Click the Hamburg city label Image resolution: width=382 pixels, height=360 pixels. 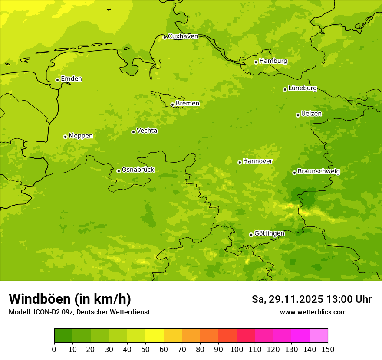click(273, 61)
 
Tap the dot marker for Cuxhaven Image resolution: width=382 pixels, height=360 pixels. click(165, 37)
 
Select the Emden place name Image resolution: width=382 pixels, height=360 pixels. click(71, 79)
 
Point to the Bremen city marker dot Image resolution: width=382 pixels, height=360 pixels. click(172, 105)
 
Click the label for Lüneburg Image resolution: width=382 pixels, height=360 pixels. click(303, 88)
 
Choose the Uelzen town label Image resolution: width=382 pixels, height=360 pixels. click(311, 114)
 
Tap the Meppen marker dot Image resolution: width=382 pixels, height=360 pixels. click(65, 137)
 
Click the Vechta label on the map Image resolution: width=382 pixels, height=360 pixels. click(147, 131)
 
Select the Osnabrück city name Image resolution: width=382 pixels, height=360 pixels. click(138, 170)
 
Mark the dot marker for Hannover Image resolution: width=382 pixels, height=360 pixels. click(240, 162)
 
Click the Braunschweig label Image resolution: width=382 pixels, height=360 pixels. click(319, 171)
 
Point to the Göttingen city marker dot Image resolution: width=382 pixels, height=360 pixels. click(251, 235)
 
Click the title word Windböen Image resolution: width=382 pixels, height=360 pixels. click(39, 299)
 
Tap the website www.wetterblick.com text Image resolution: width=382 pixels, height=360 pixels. click(313, 312)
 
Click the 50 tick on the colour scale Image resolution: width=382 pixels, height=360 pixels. click(145, 349)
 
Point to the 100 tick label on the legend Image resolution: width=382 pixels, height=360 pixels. click(237, 349)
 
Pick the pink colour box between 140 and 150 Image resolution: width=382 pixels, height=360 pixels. click(319, 335)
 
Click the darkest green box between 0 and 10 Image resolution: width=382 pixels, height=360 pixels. click(63, 335)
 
